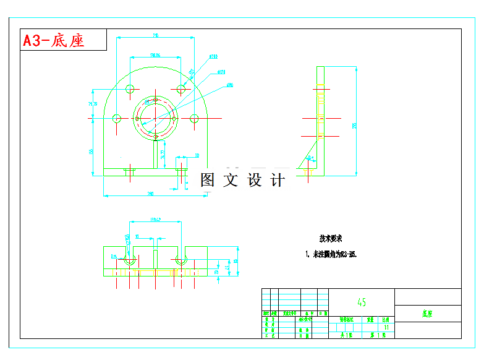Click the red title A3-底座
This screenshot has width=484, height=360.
click(54, 41)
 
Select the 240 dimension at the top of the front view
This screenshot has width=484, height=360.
click(155, 35)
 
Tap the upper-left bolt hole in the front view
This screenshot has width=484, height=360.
click(130, 89)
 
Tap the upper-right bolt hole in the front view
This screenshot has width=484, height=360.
click(181, 89)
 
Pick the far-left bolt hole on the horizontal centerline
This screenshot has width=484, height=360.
click(117, 118)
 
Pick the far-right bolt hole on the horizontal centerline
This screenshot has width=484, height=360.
click(194, 118)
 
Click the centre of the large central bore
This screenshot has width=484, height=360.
click(155, 118)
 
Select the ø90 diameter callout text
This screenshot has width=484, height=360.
click(229, 85)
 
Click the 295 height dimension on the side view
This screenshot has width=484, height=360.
click(354, 126)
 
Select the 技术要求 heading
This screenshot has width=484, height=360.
click(331, 238)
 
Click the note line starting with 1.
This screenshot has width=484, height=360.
click(331, 254)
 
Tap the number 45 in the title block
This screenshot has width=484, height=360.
click(362, 302)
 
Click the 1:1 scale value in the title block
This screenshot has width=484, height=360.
click(386, 327)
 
